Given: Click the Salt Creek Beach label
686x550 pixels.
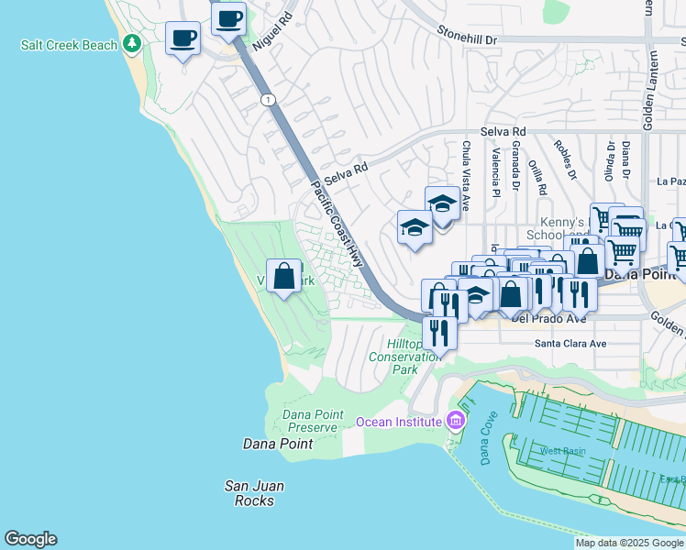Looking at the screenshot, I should click(71, 45).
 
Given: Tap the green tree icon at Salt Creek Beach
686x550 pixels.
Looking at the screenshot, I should click(132, 43).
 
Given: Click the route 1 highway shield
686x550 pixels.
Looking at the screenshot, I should click(267, 99).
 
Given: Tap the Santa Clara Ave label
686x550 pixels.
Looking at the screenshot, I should click(570, 344).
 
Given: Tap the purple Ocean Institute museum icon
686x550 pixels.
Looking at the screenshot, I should click(455, 422).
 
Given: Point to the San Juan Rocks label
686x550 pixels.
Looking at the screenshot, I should click(253, 493).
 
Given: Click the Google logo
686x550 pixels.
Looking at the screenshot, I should click(30, 539).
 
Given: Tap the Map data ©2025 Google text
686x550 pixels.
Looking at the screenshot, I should click(629, 543).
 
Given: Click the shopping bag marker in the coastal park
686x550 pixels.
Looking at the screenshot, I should click(284, 275).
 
